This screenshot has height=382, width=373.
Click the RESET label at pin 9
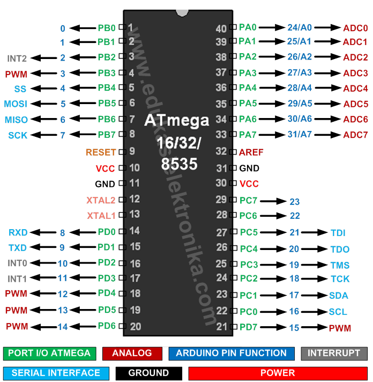tap(101, 152)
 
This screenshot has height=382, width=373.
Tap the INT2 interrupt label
tap(17, 58)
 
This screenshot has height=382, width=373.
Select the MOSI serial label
tap(16, 104)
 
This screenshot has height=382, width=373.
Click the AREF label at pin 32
tap(251, 152)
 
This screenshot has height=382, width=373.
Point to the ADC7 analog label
tap(355, 135)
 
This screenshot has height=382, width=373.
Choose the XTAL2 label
tap(101, 200)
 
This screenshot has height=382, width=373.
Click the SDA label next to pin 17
tap(339, 296)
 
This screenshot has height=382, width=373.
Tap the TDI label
tap(338, 233)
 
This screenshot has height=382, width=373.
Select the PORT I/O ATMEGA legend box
tap(50, 354)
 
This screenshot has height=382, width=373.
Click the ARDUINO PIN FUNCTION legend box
tap(231, 354)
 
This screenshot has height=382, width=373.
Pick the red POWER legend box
tap(278, 372)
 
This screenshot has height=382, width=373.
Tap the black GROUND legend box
tap(148, 372)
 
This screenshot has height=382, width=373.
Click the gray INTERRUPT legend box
tap(334, 354)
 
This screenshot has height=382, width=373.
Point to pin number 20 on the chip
tap(136, 326)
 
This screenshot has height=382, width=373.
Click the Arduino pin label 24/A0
tap(300, 27)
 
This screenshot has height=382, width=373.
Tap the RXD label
tap(18, 233)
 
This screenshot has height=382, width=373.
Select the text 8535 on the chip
tap(179, 164)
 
